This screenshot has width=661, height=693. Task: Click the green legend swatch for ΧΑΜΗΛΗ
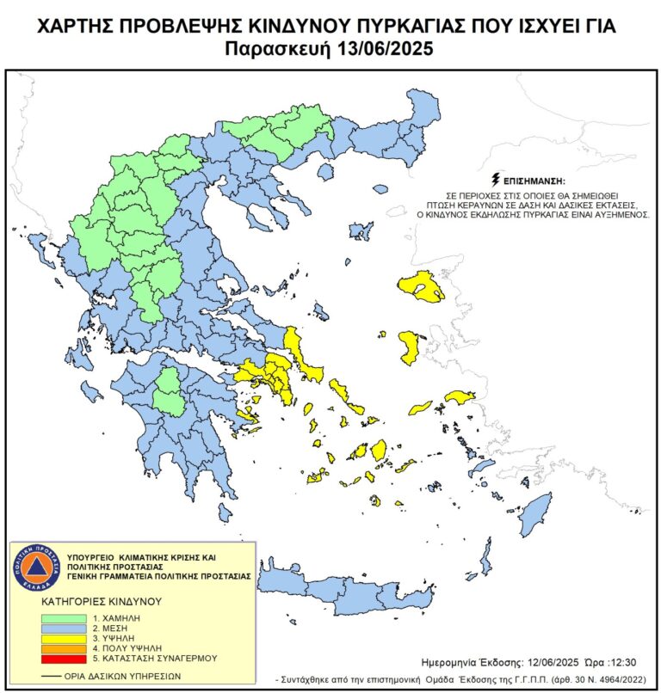tap(65, 618)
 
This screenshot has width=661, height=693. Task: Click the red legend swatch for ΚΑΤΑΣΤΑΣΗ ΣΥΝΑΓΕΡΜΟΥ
tap(65, 658)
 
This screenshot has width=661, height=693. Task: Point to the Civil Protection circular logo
tap(36, 567)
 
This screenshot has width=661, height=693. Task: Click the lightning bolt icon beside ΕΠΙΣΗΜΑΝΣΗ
tap(495, 181)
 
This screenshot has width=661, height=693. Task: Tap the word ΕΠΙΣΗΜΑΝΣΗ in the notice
tap(535, 182)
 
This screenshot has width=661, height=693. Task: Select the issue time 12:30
tap(618, 663)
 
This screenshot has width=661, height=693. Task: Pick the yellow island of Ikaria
tap(421, 407)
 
